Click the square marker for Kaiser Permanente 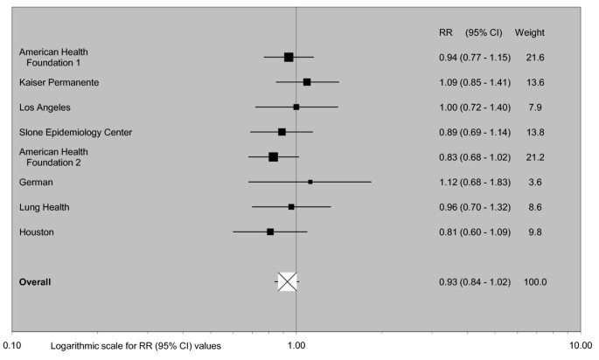(x=307, y=81)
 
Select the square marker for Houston (x=270, y=232)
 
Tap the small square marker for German (x=310, y=182)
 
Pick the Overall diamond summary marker (x=288, y=281)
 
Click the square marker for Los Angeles (x=296, y=107)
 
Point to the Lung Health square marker (x=291, y=207)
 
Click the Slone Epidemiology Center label (x=76, y=132)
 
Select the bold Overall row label (x=36, y=281)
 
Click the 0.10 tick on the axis (x=16, y=346)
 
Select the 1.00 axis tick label (x=296, y=346)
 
